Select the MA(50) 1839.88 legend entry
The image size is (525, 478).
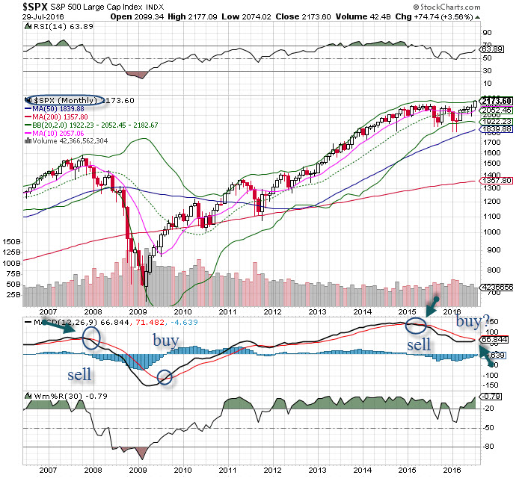[55, 109]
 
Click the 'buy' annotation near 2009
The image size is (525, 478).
[165, 340]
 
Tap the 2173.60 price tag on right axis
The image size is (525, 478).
[494, 101]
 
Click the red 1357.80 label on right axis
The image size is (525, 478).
[494, 180]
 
